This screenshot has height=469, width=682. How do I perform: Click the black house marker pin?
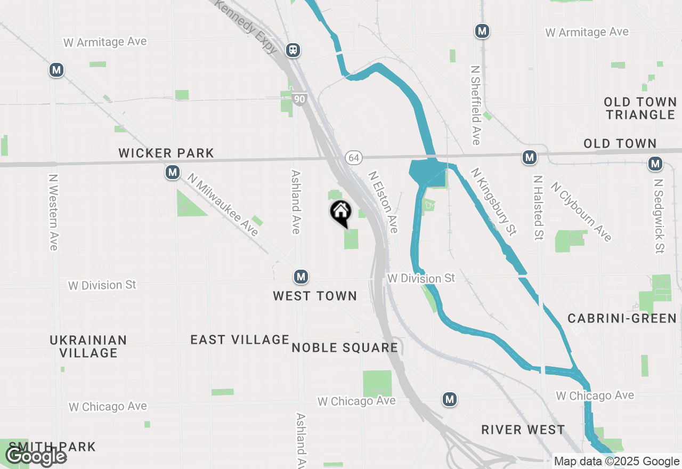pyautogui.click(x=341, y=213)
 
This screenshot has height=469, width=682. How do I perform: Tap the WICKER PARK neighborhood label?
pyautogui.click(x=166, y=153)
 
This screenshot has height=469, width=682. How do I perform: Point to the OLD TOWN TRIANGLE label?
pyautogui.click(x=640, y=108)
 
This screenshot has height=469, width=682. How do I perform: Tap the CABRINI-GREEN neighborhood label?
pyautogui.click(x=622, y=318)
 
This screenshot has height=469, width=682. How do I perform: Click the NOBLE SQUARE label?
pyautogui.click(x=345, y=348)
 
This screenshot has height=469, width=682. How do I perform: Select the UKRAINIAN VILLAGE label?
pyautogui.click(x=88, y=346)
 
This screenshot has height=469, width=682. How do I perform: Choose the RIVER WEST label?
pyautogui.click(x=523, y=430)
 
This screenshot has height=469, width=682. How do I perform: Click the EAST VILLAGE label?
pyautogui.click(x=240, y=339)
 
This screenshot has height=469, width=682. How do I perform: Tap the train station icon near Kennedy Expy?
pyautogui.click(x=293, y=50)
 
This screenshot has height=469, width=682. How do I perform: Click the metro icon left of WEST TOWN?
pyautogui.click(x=301, y=277)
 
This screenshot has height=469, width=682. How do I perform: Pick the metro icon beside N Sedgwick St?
pyautogui.click(x=655, y=164)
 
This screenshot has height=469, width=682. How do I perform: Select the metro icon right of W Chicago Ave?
pyautogui.click(x=450, y=399)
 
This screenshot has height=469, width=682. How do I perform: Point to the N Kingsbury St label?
pyautogui.click(x=494, y=201)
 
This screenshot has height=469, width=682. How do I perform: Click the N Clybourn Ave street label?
pyautogui.click(x=581, y=212)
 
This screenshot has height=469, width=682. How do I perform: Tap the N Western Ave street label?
pyautogui.click(x=53, y=212)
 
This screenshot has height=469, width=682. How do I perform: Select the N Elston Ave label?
pyautogui.click(x=383, y=201)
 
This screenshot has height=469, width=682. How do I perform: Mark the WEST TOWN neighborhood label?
pyautogui.click(x=315, y=296)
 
